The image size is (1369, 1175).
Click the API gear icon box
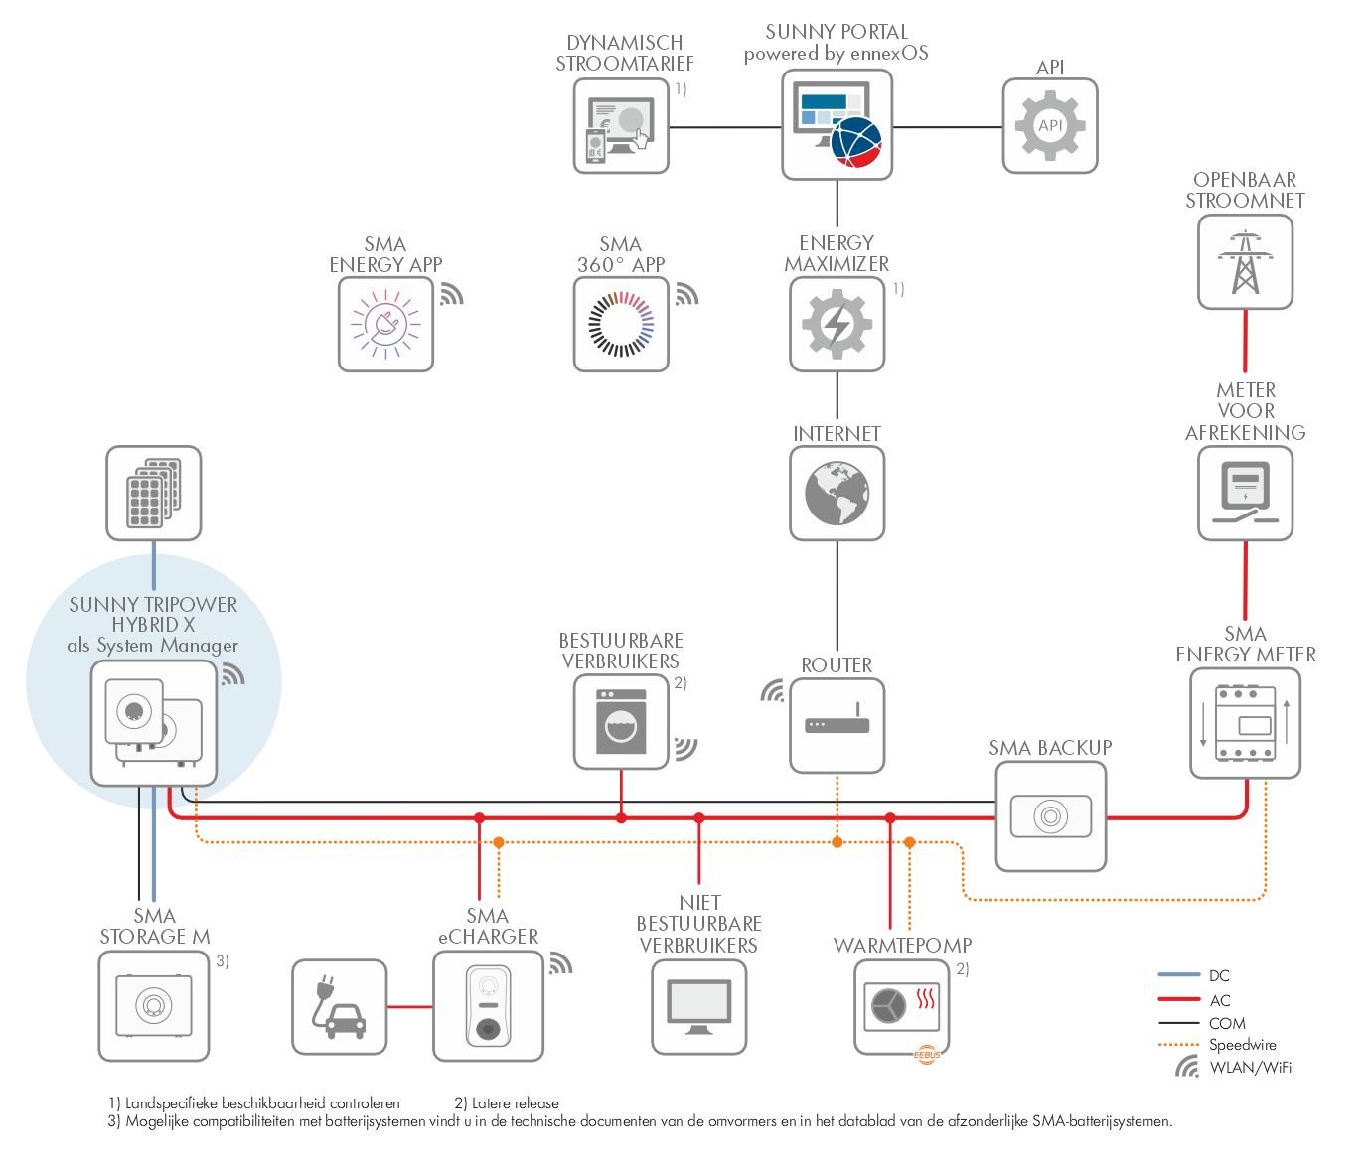click(1050, 126)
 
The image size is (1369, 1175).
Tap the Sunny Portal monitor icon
click(837, 125)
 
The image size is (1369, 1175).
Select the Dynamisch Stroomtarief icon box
click(621, 126)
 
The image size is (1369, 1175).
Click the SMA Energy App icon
click(385, 324)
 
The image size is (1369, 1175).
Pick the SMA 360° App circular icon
click(621, 324)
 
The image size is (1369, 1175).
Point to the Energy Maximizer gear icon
click(837, 324)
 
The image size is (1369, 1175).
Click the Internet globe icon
click(837, 494)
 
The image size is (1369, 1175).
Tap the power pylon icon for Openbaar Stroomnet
click(1245, 261)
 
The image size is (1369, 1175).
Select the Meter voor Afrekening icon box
click(1245, 494)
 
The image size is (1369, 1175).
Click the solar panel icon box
click(154, 494)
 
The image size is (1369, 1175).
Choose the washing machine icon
click(621, 722)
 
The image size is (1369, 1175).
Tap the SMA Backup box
click(1050, 816)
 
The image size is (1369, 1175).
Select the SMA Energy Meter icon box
click(1245, 723)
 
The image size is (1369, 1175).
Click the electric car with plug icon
click(339, 1007)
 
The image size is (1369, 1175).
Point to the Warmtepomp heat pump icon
click(901, 1007)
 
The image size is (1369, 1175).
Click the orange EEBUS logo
click(927, 1055)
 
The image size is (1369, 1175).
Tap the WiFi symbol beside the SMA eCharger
click(560, 963)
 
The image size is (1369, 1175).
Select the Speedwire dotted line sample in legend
click(1179, 1045)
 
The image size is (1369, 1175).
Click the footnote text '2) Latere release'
click(507, 1103)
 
